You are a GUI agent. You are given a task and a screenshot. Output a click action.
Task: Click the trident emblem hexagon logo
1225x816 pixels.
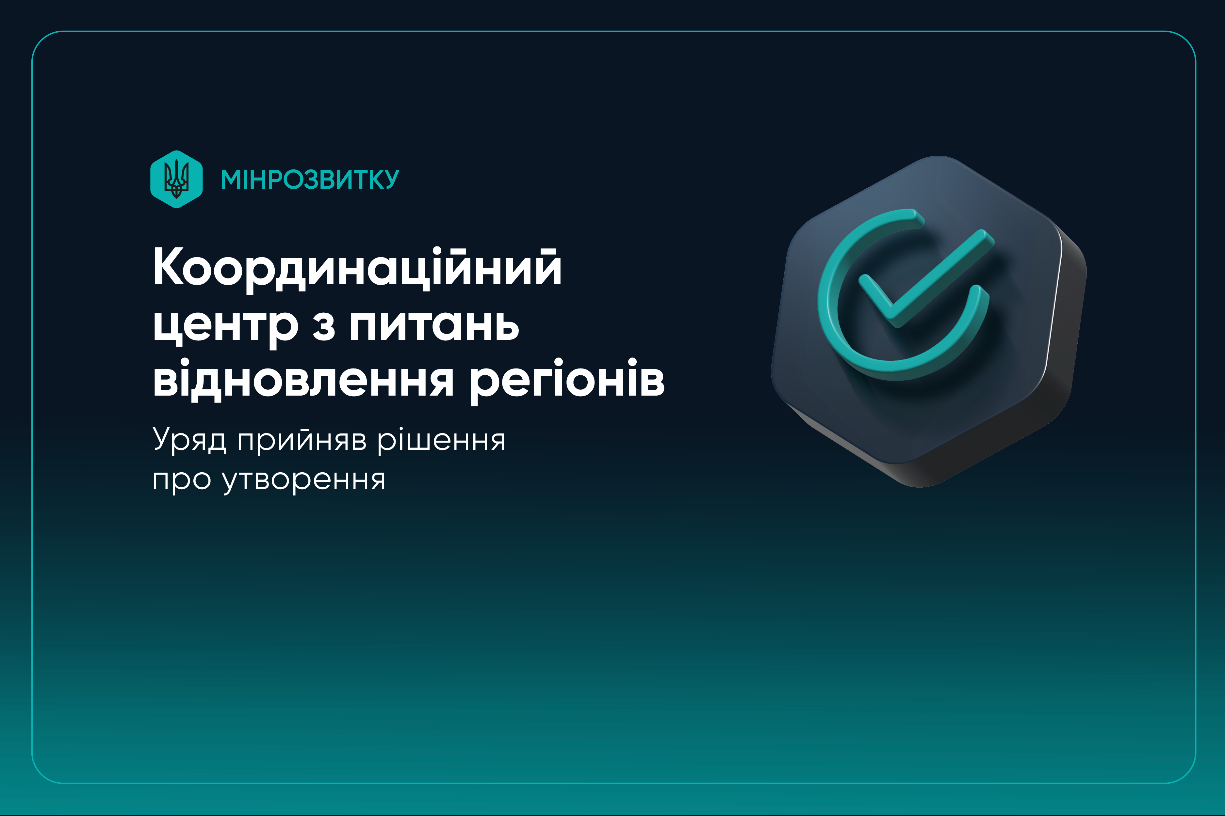click(176, 179)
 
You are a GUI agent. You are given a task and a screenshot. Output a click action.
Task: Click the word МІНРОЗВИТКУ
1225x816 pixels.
click(310, 180)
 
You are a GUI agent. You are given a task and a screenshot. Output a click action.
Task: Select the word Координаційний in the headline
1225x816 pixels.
click(357, 268)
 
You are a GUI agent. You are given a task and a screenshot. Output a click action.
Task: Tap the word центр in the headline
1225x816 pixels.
click(225, 327)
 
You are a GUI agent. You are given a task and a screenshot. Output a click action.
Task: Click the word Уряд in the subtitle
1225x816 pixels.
click(189, 440)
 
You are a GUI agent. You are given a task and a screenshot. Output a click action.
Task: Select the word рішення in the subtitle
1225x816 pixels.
click(441, 440)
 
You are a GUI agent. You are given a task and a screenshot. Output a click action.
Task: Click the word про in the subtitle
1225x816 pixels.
click(182, 481)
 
